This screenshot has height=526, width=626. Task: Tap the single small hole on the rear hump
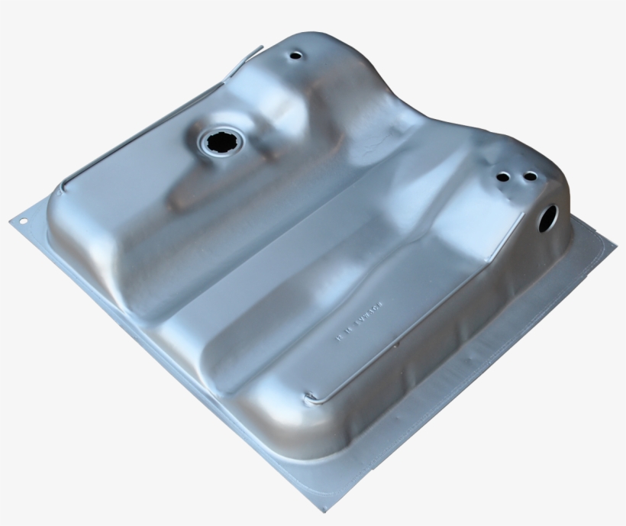[295, 56]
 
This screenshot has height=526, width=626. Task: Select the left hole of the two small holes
[502, 176]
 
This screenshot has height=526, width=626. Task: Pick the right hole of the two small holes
[529, 176]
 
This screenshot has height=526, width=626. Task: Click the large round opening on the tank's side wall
[547, 218]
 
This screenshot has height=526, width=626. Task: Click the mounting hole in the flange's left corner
[23, 221]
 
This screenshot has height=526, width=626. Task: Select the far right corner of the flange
[615, 246]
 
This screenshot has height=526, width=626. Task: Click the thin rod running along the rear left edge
[145, 130]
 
